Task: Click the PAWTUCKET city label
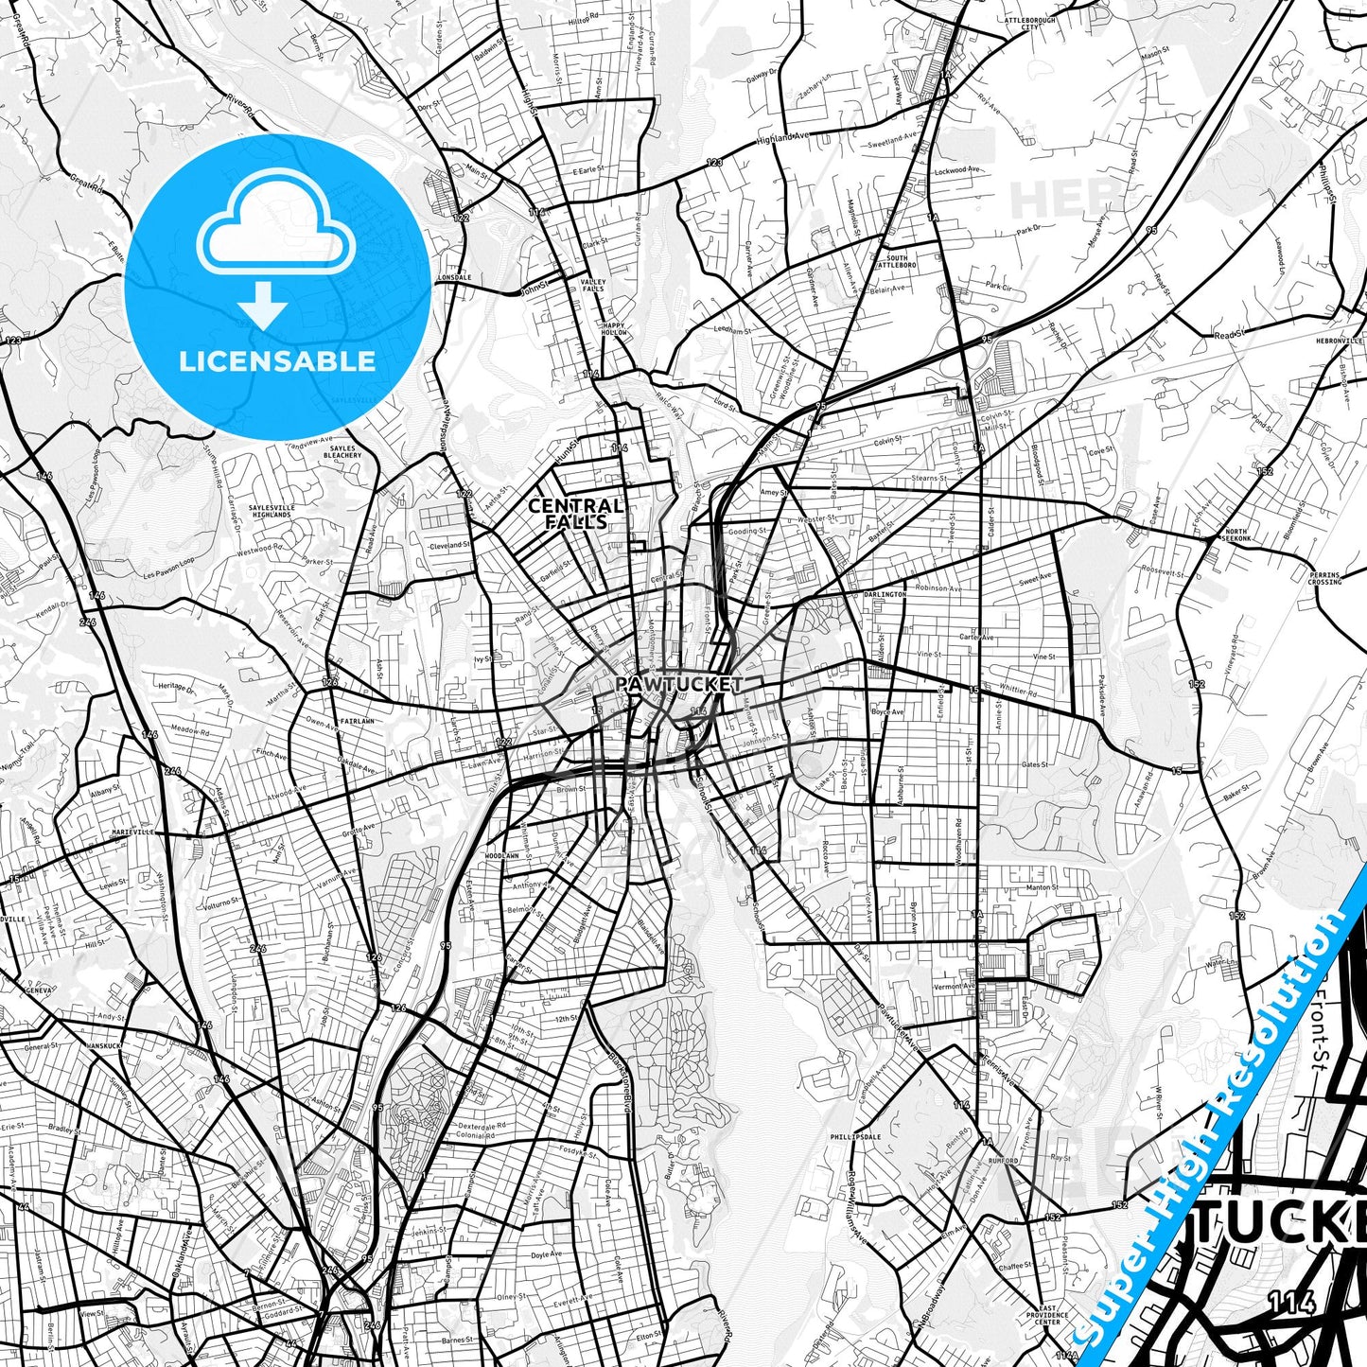(678, 683)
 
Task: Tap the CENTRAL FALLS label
(575, 513)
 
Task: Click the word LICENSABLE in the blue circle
(277, 360)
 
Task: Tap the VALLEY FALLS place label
(593, 285)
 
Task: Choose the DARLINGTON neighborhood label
(885, 594)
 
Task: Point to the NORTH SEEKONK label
(1236, 535)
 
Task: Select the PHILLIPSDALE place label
(855, 1137)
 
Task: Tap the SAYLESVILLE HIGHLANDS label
(272, 511)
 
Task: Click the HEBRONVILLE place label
(1340, 340)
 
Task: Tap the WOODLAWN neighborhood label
(501, 855)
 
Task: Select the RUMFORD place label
(1005, 1160)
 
